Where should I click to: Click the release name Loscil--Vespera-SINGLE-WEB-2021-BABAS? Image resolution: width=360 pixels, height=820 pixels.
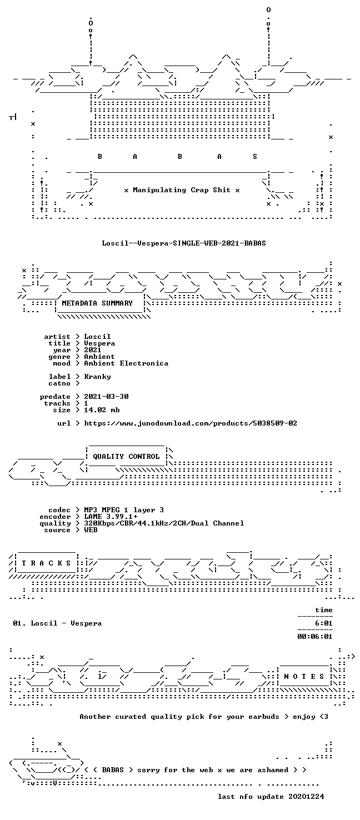click(184, 243)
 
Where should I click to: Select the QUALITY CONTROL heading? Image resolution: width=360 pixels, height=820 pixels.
click(126, 457)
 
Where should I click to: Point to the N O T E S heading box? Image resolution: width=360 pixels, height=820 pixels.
click(304, 677)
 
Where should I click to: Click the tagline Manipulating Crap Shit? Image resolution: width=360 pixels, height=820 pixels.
click(182, 190)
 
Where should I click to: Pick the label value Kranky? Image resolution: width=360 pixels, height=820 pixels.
click(97, 377)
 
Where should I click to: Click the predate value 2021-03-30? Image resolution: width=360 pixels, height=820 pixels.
click(106, 397)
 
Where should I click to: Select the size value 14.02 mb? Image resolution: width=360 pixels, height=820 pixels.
click(102, 410)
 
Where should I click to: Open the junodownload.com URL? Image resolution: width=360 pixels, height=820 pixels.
click(191, 423)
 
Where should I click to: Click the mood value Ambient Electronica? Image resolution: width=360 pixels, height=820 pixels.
click(126, 363)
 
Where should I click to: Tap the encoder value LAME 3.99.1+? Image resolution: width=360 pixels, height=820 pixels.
click(111, 517)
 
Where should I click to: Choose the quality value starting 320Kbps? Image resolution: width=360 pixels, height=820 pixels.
click(164, 523)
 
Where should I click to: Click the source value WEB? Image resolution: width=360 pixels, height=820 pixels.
click(91, 530)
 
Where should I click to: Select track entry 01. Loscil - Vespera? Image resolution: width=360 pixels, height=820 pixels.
click(57, 623)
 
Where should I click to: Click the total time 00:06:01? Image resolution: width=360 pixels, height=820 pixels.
click(315, 637)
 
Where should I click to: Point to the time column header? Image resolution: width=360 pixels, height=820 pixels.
click(324, 610)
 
